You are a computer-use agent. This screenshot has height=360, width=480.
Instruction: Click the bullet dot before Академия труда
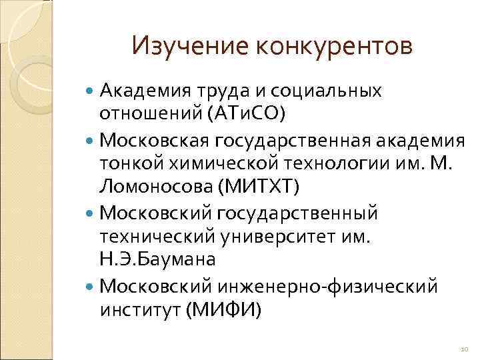91,91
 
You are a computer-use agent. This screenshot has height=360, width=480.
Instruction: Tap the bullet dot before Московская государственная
91,141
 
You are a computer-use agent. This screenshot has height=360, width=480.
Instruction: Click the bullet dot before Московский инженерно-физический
91,285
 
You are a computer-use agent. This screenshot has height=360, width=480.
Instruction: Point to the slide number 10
465,349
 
